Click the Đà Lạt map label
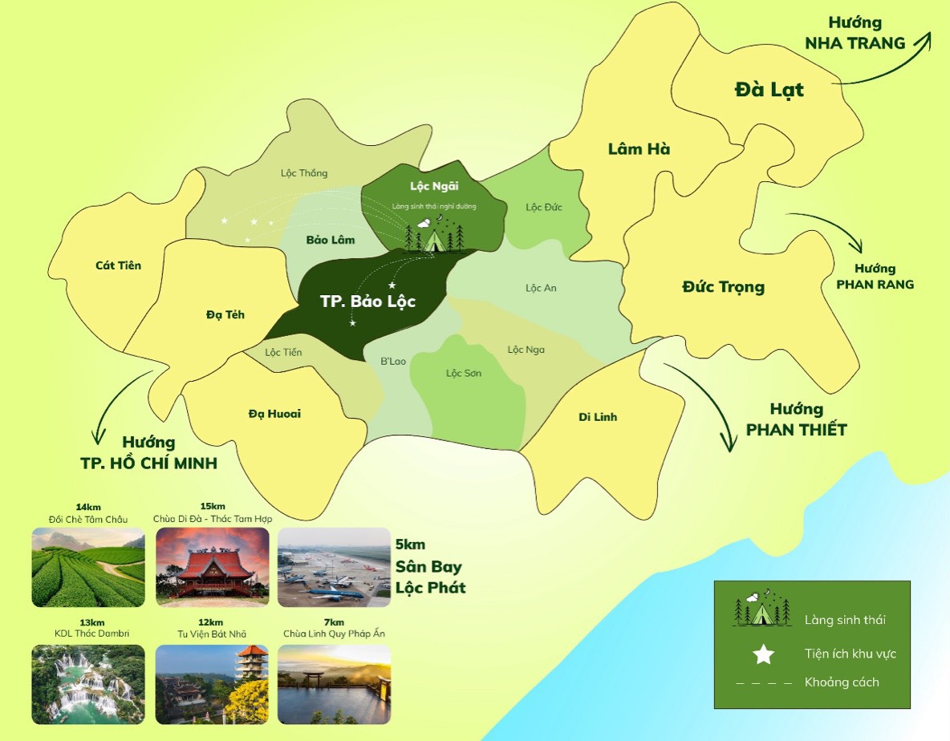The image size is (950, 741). (769, 90)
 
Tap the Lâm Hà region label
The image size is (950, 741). (639, 148)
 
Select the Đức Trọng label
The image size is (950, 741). (723, 286)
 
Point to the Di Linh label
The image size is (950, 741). (598, 417)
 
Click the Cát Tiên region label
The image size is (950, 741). (118, 265)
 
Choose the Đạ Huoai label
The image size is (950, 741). (274, 414)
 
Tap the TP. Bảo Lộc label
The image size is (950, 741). (368, 302)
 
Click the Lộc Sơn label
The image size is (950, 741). (464, 374)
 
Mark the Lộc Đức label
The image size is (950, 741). (544, 207)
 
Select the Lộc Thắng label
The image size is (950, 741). (304, 173)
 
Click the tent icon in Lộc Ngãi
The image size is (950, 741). (434, 238)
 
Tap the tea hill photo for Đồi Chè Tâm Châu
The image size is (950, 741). (88, 567)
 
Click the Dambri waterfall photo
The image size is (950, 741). (88, 684)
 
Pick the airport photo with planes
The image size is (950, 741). (334, 567)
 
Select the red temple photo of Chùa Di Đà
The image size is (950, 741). (211, 567)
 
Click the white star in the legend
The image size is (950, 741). (763, 654)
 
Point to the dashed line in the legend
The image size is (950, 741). (763, 682)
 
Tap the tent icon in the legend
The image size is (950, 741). (761, 610)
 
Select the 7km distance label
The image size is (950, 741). (334, 622)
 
